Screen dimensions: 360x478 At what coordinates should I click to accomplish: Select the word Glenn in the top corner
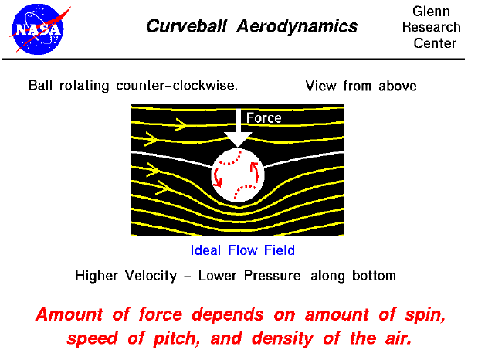[432, 11]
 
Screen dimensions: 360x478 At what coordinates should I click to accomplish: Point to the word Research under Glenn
[431, 27]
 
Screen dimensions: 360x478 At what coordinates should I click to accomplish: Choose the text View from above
[361, 86]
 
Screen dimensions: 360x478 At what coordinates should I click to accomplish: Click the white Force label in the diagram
[263, 118]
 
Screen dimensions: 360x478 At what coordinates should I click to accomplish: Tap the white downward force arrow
[238, 130]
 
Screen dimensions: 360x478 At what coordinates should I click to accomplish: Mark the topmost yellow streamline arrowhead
[181, 123]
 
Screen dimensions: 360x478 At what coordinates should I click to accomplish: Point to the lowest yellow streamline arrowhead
[162, 187]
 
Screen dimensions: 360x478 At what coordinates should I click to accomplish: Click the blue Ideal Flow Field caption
[242, 250]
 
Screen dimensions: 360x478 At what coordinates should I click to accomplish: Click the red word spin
[423, 315]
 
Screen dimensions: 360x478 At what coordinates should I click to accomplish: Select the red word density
[305, 338]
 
